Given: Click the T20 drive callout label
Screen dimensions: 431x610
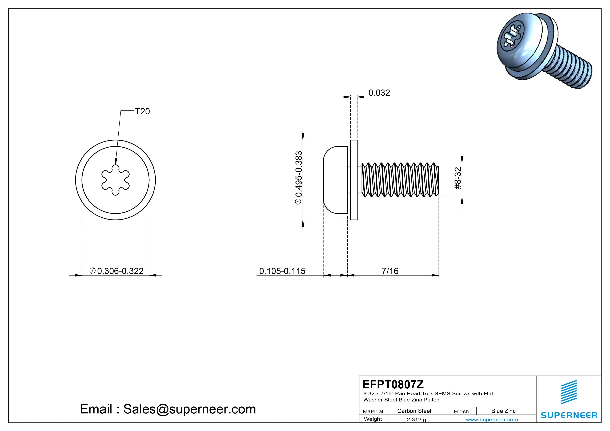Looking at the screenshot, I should click(x=142, y=112).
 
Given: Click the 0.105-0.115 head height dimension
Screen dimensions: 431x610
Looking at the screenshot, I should click(x=282, y=271).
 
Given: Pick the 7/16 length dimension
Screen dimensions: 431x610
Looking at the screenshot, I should click(x=390, y=271).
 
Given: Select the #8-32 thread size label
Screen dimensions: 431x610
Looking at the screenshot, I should click(x=458, y=178).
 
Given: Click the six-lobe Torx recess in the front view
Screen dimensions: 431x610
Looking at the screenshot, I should click(x=116, y=180).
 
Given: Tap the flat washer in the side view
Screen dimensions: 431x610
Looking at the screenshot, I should click(x=354, y=180).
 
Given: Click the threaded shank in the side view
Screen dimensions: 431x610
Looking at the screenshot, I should click(x=399, y=180).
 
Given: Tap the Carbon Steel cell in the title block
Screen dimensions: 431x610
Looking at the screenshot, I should click(x=414, y=411).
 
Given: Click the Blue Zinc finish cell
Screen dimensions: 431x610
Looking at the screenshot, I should click(x=503, y=411).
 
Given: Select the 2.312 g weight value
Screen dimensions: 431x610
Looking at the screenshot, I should click(x=416, y=420).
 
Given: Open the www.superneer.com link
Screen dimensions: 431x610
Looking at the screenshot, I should click(x=492, y=420).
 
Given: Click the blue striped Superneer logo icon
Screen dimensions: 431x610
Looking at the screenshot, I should click(x=569, y=392).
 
